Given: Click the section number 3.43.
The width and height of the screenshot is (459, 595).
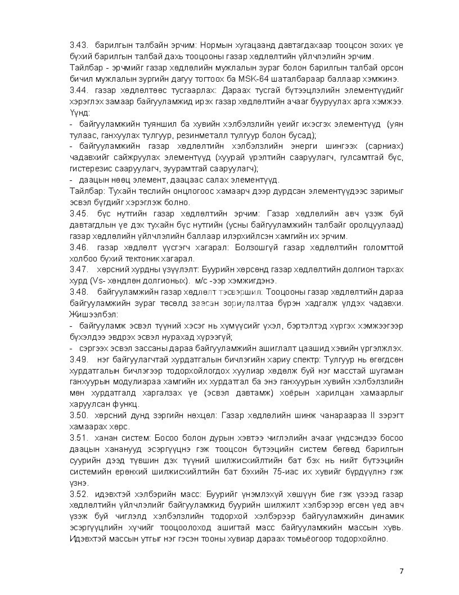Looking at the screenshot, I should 78,45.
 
